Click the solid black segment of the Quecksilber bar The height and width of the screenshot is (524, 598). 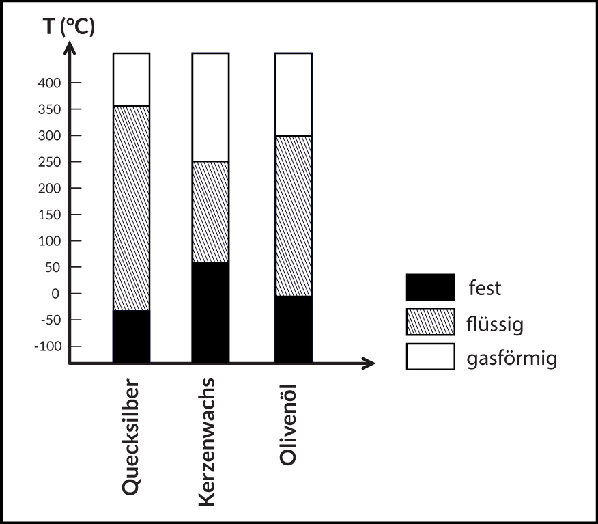click(131, 336)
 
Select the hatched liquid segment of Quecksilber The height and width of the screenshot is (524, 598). click(131, 208)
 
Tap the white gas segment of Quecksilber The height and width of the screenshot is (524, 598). click(131, 79)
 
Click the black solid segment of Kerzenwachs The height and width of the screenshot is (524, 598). click(210, 312)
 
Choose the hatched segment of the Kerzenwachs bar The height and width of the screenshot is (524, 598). click(210, 212)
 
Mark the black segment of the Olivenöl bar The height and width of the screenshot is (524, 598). click(294, 329)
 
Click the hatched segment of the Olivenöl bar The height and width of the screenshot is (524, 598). click(294, 216)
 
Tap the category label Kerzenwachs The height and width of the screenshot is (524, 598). click(209, 441)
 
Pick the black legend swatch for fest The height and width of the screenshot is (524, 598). click(430, 288)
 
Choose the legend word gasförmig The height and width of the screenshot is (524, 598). click(512, 358)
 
